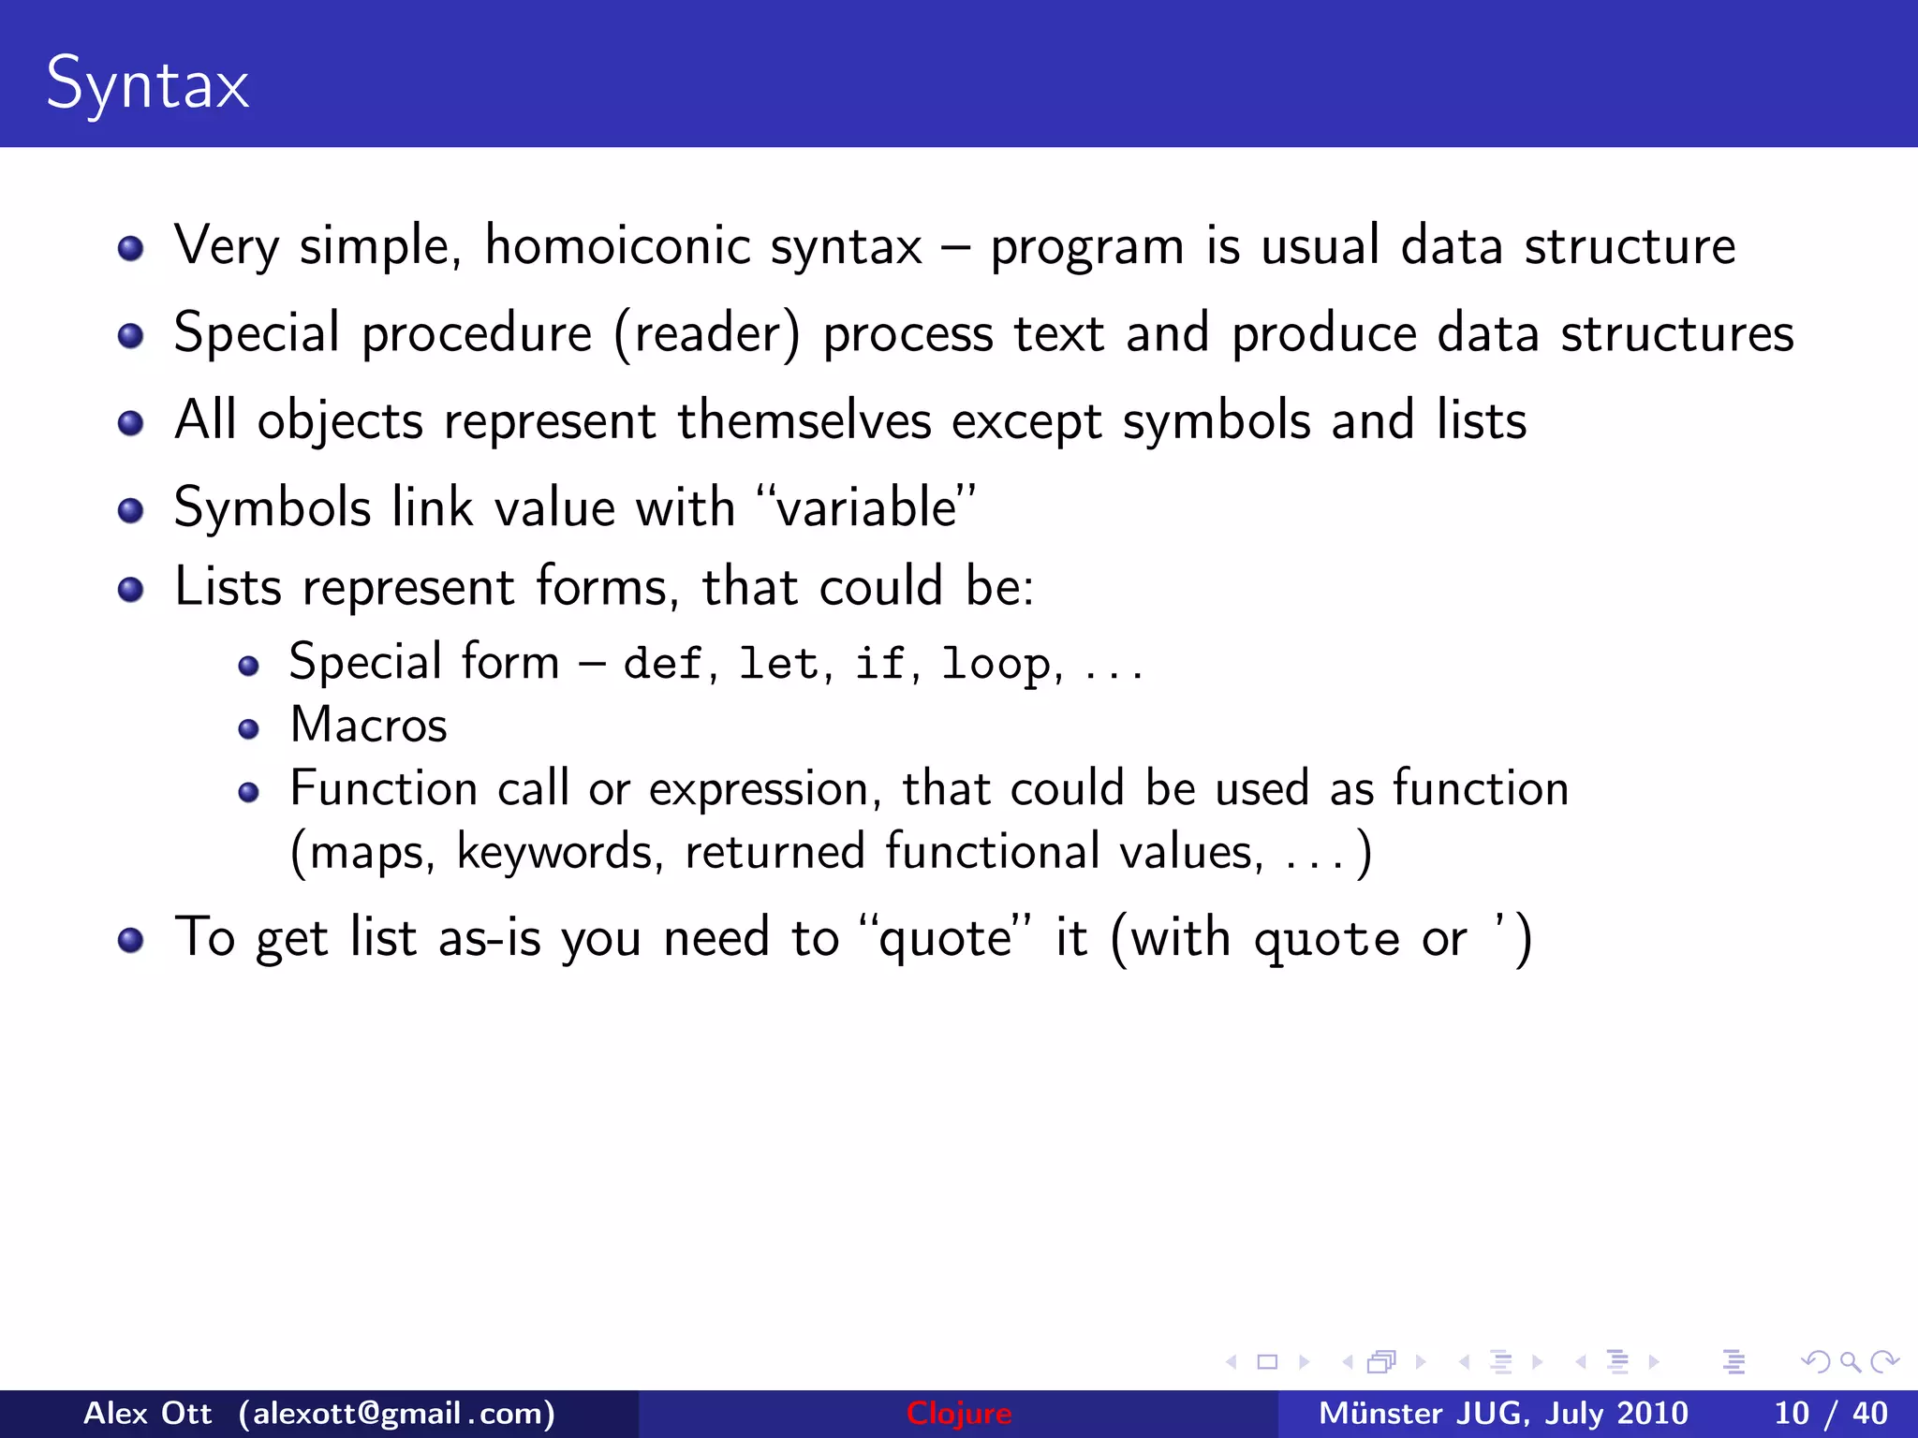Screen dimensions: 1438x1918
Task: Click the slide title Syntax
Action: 147,84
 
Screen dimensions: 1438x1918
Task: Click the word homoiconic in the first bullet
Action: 618,246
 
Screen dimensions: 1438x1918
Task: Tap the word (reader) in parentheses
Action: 707,334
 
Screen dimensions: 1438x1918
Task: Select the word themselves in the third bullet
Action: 804,420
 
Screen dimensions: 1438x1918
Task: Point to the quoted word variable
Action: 866,508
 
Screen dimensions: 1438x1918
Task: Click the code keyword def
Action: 662,664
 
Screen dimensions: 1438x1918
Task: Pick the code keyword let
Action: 778,664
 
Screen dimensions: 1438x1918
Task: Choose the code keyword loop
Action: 996,664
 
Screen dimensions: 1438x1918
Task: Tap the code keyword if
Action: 879,664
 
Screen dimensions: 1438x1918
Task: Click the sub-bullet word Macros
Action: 369,726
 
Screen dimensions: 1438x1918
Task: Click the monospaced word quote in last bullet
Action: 1326,939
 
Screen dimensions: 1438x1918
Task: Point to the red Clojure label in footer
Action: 959,1413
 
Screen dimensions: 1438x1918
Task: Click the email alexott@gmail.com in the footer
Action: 397,1413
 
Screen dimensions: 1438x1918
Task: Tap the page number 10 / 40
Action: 1831,1413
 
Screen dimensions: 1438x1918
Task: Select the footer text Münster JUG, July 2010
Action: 1503,1413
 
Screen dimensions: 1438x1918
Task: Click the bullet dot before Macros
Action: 248,729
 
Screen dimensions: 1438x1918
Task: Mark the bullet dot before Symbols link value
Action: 131,511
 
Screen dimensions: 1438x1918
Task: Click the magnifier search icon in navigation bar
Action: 1850,1361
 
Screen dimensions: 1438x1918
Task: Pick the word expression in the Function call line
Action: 759,789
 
